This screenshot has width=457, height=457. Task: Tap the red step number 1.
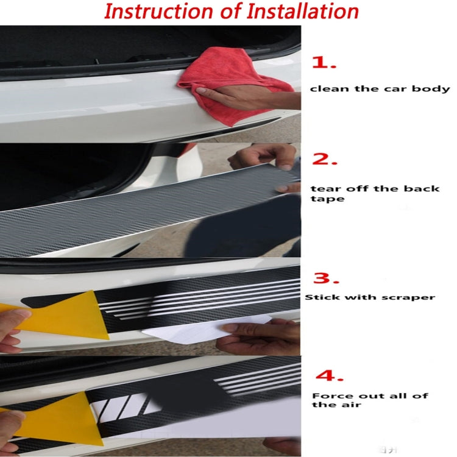click(x=324, y=63)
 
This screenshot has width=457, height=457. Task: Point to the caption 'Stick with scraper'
click(x=370, y=297)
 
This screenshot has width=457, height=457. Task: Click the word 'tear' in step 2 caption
click(x=323, y=188)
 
